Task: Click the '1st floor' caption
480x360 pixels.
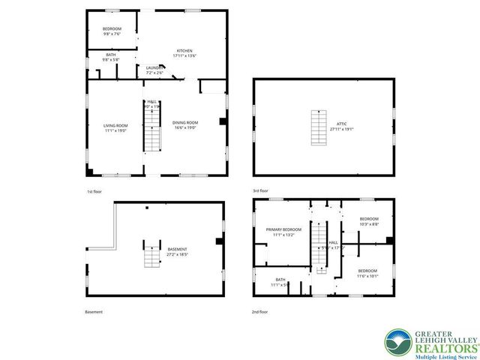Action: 94,193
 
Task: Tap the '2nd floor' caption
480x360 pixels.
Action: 260,311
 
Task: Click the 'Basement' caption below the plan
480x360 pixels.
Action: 94,311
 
